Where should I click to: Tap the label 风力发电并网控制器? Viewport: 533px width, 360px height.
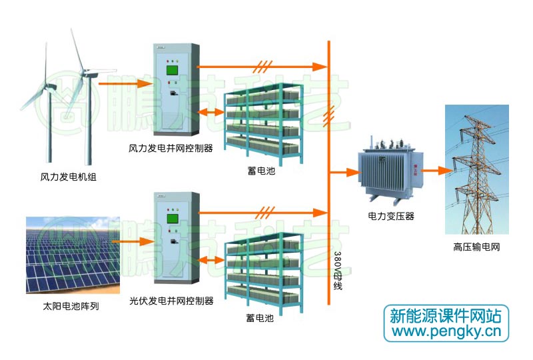(171, 148)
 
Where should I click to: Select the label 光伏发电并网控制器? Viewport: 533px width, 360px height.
(171, 301)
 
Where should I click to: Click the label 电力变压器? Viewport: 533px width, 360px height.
(391, 217)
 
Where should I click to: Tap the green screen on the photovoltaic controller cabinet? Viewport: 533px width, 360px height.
(171, 217)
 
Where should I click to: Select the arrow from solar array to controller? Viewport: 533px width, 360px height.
(133, 241)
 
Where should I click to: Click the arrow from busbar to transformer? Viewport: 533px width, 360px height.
(344, 171)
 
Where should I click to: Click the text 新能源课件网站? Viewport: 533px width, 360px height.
(445, 315)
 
